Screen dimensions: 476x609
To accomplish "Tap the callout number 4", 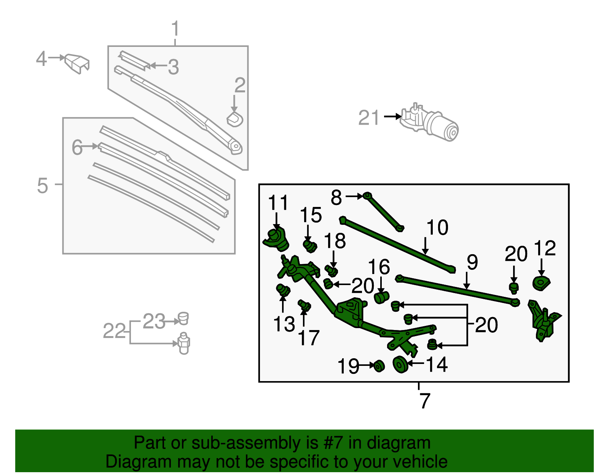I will click(41, 59).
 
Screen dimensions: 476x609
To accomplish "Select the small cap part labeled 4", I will click(77, 63).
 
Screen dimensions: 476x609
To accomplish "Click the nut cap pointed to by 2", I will click(235, 119).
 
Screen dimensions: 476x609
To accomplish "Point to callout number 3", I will click(173, 67).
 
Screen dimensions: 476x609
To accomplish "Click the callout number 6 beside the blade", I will click(77, 147).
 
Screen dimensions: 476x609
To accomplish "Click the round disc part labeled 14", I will click(400, 365).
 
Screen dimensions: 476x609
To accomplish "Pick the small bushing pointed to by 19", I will click(379, 366).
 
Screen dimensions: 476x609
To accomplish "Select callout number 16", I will click(379, 267).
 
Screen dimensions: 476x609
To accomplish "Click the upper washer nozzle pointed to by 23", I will click(183, 318).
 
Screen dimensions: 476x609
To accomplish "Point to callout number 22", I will click(114, 331).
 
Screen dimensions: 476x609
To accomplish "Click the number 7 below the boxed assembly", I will click(424, 401).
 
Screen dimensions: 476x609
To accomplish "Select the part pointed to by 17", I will click(305, 306).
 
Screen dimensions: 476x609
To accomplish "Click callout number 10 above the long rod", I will click(437, 228).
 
